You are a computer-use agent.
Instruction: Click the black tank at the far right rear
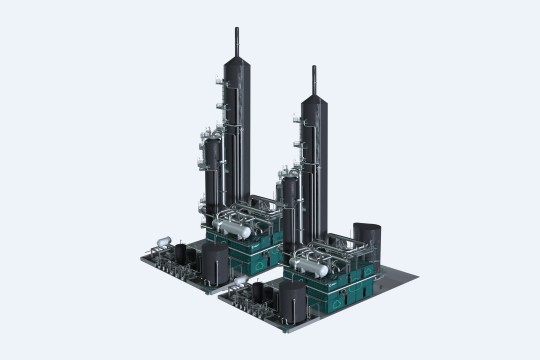point(372,237)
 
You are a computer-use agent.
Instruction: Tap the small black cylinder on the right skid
point(262,293)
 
